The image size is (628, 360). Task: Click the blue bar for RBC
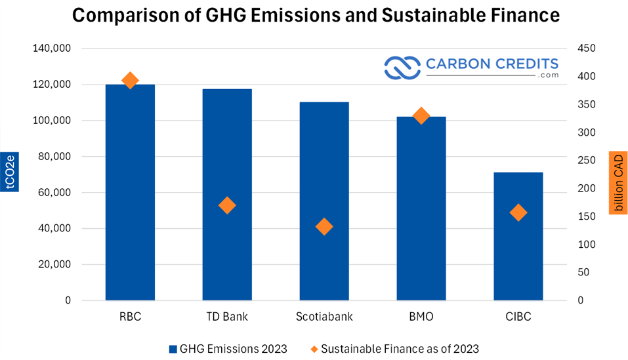click(x=130, y=192)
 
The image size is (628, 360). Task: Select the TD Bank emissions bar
click(x=227, y=194)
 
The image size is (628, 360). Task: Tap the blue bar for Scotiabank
click(x=324, y=201)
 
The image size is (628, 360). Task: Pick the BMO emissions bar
click(x=421, y=209)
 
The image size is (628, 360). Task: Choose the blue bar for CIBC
click(x=518, y=237)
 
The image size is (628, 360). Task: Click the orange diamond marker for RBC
click(x=130, y=81)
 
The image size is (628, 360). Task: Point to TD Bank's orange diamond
click(x=227, y=205)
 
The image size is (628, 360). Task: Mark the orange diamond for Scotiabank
click(x=324, y=227)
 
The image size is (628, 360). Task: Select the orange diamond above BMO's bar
click(x=421, y=116)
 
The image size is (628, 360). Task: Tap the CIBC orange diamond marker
click(x=518, y=212)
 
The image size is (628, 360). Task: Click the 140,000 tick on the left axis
click(x=52, y=48)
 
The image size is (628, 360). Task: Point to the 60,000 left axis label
click(x=54, y=192)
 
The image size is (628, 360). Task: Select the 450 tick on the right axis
click(x=587, y=48)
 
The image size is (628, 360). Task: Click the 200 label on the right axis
click(x=587, y=188)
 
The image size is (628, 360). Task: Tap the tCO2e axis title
click(x=10, y=172)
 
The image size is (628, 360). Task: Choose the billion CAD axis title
click(x=618, y=183)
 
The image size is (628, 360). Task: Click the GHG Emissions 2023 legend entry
click(x=228, y=349)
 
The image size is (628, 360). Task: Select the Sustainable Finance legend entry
click(x=395, y=349)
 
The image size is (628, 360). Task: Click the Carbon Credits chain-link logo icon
click(x=402, y=68)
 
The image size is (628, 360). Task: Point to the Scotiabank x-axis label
click(x=324, y=317)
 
